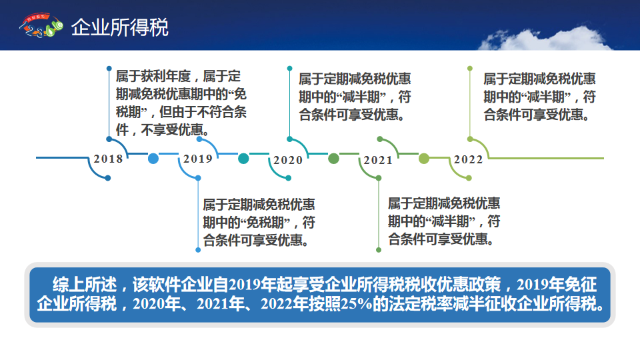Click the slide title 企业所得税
point(119,27)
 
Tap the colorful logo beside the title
point(41,25)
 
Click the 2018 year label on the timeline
point(108,159)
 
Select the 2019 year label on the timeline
point(198,159)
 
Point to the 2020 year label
point(288,160)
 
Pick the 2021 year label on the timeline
point(379,160)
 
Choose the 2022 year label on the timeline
point(469,159)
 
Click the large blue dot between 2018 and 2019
point(153,159)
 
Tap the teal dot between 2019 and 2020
point(243,159)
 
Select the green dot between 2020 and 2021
point(333,159)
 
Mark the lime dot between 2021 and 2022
point(424,159)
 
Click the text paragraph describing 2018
point(181,103)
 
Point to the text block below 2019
point(259,223)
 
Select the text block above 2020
point(355,97)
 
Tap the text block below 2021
point(444,221)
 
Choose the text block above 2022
point(539,97)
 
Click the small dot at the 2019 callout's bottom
point(198,250)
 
